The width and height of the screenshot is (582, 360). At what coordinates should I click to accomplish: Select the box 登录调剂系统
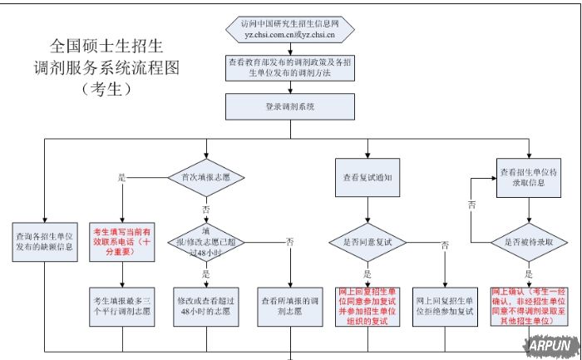coord(289,106)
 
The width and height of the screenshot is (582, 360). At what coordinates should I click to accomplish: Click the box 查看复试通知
coord(367,177)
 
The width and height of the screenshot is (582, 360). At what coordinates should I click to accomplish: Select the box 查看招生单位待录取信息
coord(527,177)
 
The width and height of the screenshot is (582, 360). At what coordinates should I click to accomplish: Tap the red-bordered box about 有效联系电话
coord(123,240)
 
